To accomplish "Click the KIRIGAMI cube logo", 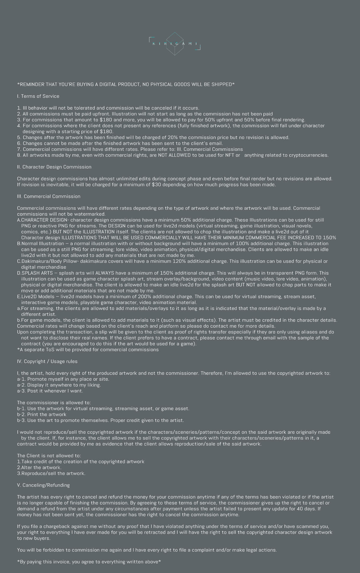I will point(175,44).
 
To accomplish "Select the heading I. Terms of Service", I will point(38,96).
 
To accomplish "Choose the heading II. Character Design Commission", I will point(54,167).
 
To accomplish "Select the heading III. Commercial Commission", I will point(49,196).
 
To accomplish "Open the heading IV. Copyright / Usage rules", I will point(47,361).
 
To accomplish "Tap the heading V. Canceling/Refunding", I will point(43,485).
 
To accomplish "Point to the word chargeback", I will point(55,526).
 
